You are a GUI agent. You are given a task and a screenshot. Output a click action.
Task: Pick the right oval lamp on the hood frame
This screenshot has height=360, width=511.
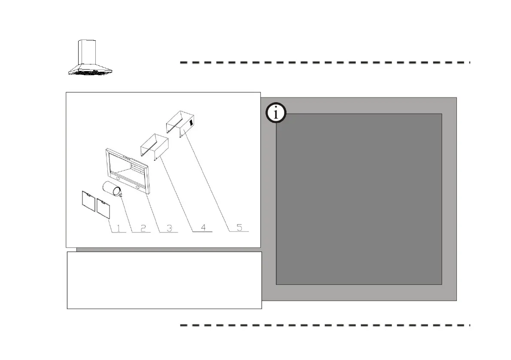coord(138,187)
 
